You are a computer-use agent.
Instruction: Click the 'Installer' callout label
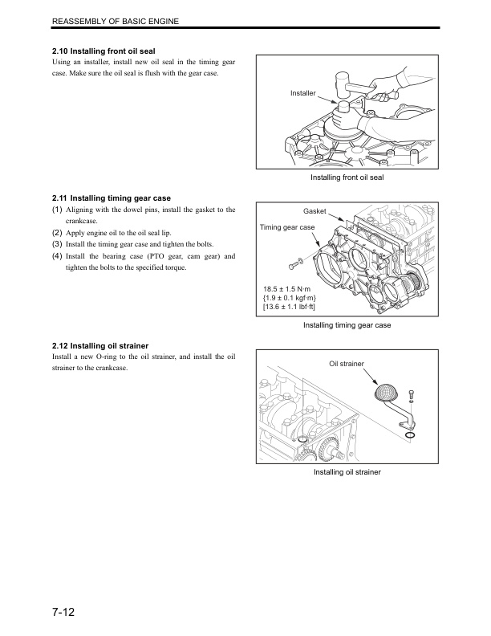tap(303, 94)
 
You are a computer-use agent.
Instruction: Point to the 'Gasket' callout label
tap(314, 211)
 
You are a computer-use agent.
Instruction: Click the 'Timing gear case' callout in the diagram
tap(287, 228)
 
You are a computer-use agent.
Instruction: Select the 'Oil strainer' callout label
tap(347, 364)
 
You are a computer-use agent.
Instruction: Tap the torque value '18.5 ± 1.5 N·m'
tap(288, 288)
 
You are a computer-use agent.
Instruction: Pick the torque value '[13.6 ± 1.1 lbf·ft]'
tap(295, 308)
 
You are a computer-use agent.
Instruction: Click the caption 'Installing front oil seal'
tap(347, 177)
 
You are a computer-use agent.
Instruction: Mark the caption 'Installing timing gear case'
tap(347, 325)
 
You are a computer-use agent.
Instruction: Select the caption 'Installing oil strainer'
tap(347, 472)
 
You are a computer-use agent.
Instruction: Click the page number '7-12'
tap(61, 614)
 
